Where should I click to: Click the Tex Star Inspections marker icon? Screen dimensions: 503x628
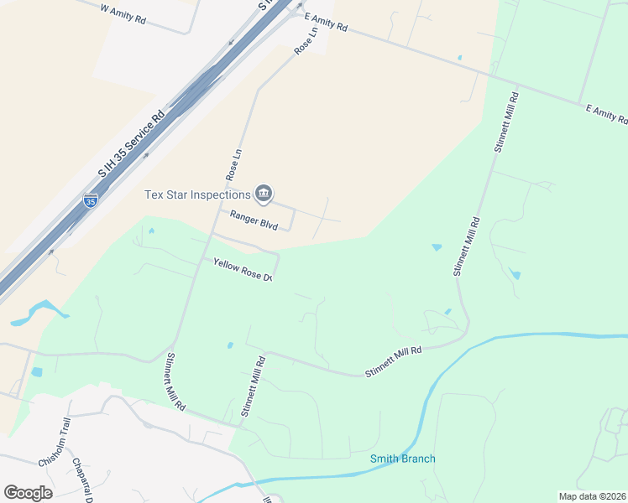(264, 194)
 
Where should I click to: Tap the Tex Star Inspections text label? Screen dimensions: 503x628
(198, 194)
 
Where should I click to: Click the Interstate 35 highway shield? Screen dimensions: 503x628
(91, 200)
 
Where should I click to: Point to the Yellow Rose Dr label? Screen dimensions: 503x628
(244, 269)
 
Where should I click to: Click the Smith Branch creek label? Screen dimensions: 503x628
(403, 459)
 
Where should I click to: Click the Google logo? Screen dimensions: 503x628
(28, 492)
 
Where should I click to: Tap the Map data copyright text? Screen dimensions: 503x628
(592, 496)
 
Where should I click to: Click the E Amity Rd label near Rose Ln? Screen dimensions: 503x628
(326, 22)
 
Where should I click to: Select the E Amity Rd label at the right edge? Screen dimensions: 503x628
(606, 115)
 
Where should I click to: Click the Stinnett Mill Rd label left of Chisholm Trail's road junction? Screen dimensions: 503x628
(175, 382)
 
